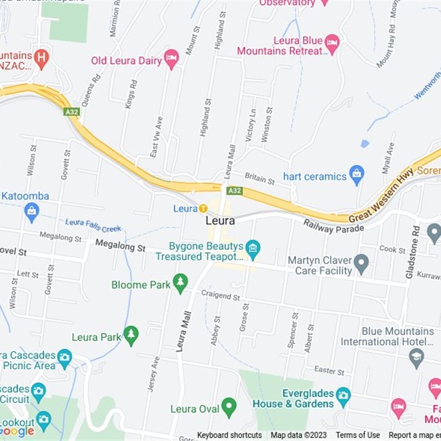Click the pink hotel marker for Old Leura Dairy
171,59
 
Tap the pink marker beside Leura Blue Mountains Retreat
332,44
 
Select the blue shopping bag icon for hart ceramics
357,176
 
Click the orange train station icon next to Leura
203,208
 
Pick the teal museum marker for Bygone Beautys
252,249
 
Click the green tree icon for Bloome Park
180,283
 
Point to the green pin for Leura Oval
228,407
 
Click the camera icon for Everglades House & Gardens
343,395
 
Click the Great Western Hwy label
382,196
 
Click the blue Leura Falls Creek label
93,225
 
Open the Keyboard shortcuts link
229,435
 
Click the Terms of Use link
358,435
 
